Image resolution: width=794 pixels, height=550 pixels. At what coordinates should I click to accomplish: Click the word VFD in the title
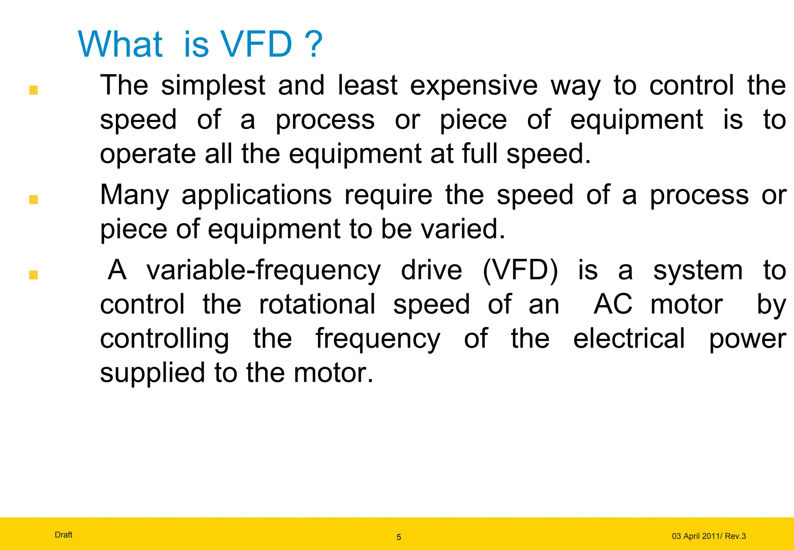256,44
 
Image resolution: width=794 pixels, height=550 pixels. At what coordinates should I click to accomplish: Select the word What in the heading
120,44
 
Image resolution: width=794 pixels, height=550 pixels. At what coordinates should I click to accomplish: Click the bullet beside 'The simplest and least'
33,90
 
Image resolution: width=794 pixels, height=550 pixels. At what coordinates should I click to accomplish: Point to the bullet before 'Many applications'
33,200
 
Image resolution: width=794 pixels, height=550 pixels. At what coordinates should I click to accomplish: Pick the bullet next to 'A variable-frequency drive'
33,275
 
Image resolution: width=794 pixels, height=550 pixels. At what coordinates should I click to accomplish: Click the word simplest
213,86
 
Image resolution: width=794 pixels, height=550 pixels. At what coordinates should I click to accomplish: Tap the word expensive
474,86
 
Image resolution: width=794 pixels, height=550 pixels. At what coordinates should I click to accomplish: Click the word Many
135,195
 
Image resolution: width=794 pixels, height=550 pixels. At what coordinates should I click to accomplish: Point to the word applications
256,195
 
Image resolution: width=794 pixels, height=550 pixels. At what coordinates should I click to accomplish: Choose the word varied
463,229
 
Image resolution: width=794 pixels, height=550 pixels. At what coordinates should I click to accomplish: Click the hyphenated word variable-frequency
264,270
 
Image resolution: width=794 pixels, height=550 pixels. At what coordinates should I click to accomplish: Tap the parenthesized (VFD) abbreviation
520,270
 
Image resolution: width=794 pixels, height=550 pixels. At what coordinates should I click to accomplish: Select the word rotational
317,304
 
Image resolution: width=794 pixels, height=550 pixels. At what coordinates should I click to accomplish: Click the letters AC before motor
613,304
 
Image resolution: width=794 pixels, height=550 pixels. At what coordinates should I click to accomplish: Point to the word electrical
629,339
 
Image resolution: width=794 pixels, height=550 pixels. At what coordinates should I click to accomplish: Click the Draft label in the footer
64,535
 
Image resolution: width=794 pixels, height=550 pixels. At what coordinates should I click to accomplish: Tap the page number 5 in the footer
399,537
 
